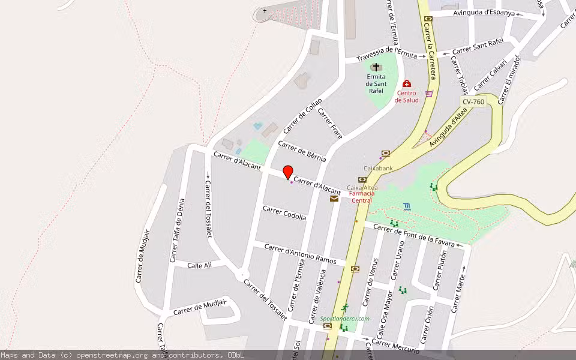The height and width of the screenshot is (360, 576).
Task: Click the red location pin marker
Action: pos(288,172)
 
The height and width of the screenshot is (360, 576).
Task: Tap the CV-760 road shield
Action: pos(473,101)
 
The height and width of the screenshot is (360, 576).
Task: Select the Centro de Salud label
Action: pos(407,96)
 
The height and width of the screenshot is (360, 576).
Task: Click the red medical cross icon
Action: pos(407,84)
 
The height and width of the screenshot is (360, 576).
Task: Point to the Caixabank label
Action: pos(378,169)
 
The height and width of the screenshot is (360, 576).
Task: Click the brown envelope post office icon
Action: pos(334,199)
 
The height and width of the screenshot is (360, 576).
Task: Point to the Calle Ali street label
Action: pos(200,265)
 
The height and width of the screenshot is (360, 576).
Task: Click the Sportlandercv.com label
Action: pos(345,319)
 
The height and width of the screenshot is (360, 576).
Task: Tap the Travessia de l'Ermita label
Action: pos(386,56)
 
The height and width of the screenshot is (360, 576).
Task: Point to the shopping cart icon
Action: pos(429,94)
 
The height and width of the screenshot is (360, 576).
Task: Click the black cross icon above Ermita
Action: pos(376,67)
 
